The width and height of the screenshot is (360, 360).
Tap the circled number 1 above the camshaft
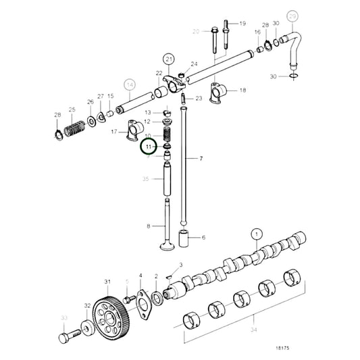[256, 234]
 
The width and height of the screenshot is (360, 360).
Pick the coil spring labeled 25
[76, 126]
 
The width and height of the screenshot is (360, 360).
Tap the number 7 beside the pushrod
[201, 158]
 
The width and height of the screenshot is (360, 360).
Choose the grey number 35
[145, 179]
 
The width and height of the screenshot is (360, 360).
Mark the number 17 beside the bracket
[114, 132]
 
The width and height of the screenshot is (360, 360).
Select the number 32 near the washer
[87, 306]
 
